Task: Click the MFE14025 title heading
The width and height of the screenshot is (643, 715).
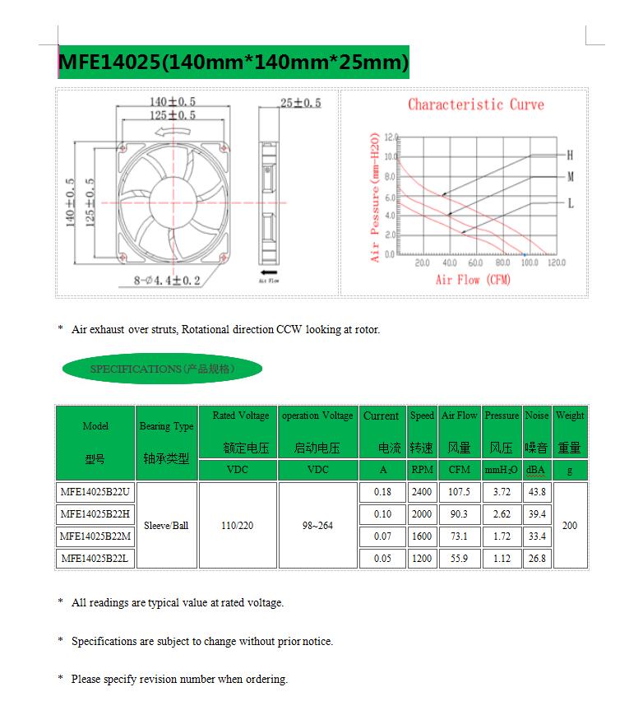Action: pyautogui.click(x=233, y=63)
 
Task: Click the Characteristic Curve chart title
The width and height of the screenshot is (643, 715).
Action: pyautogui.click(x=475, y=104)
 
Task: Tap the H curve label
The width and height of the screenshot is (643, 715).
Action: pyautogui.click(x=570, y=155)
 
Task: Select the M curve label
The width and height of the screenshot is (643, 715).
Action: pyautogui.click(x=570, y=177)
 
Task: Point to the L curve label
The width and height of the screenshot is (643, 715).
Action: pyautogui.click(x=570, y=203)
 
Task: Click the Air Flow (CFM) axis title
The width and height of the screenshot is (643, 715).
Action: pyautogui.click(x=473, y=280)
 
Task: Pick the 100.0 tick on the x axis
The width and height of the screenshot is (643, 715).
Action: pyautogui.click(x=530, y=263)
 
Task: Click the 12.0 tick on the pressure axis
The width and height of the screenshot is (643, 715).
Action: pyautogui.click(x=390, y=137)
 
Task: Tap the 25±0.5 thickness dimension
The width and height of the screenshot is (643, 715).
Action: pyautogui.click(x=300, y=103)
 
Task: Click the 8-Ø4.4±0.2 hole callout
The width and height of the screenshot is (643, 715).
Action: pyautogui.click(x=167, y=281)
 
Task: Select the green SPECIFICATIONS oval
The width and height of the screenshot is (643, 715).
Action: pyautogui.click(x=162, y=369)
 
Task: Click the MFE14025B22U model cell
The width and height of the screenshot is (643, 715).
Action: pyautogui.click(x=95, y=492)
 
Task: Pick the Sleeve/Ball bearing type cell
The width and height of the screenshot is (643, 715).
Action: pyautogui.click(x=166, y=525)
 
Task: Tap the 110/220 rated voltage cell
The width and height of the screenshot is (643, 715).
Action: pyautogui.click(x=238, y=525)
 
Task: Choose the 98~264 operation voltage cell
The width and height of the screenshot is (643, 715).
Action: pyautogui.click(x=317, y=525)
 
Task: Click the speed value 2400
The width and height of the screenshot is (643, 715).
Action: pyautogui.click(x=422, y=492)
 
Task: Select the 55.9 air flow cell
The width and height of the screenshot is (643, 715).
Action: pyautogui.click(x=459, y=558)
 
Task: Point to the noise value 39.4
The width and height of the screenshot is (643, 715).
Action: pyautogui.click(x=537, y=514)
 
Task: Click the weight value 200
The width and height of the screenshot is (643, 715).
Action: pyautogui.click(x=569, y=525)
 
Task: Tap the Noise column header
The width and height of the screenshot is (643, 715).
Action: pyautogui.click(x=537, y=416)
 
